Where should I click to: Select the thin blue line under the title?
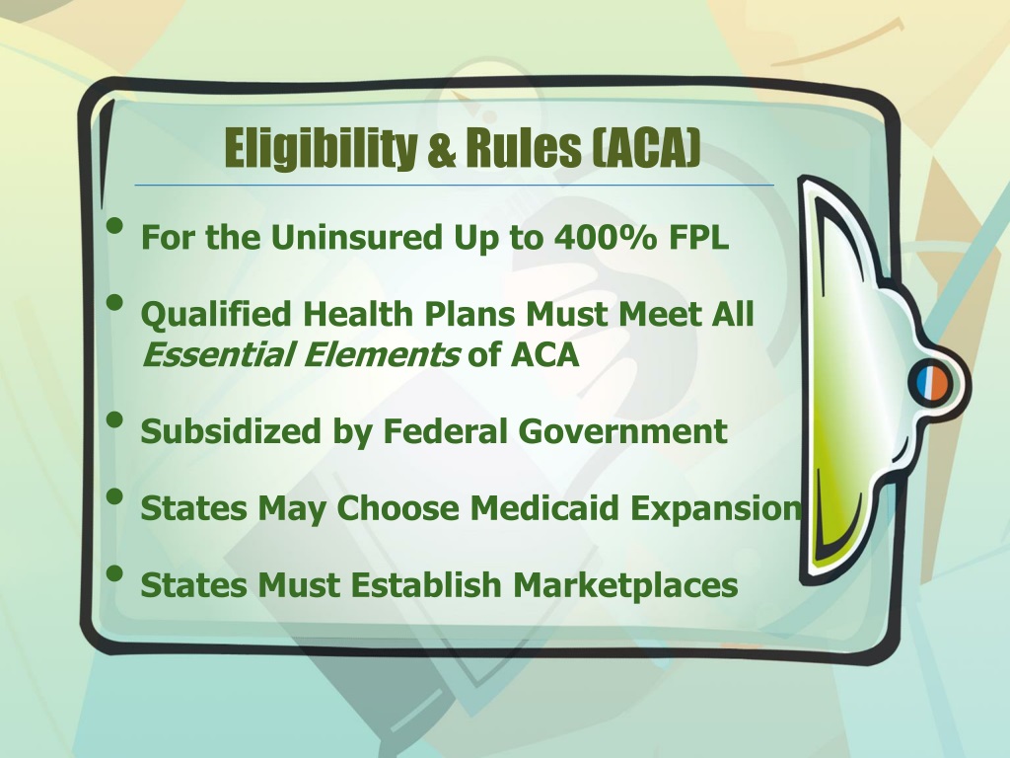[454, 185]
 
